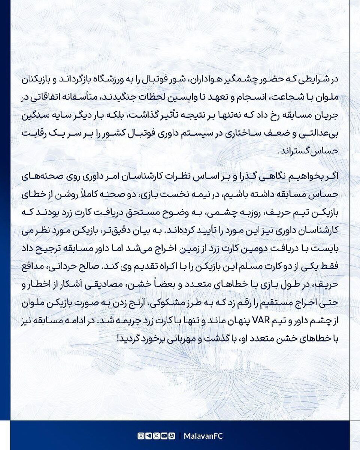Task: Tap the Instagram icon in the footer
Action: point(140,436)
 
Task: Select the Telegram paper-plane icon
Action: point(148,436)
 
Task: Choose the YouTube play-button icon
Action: point(164,436)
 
